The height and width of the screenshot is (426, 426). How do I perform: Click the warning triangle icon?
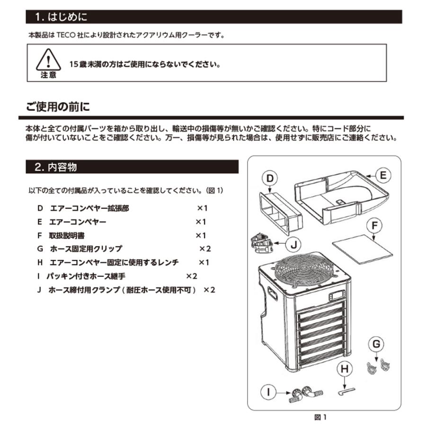pos(47,60)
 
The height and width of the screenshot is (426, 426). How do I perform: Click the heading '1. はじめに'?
pos(62,18)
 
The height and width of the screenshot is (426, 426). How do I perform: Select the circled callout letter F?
pos(374,226)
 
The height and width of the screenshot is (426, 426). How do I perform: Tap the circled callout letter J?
pos(294,245)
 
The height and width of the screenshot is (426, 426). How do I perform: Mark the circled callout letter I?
pos(268,392)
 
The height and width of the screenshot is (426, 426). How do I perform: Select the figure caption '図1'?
pos(321,417)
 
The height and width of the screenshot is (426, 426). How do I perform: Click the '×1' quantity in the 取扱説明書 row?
pos(201,235)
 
